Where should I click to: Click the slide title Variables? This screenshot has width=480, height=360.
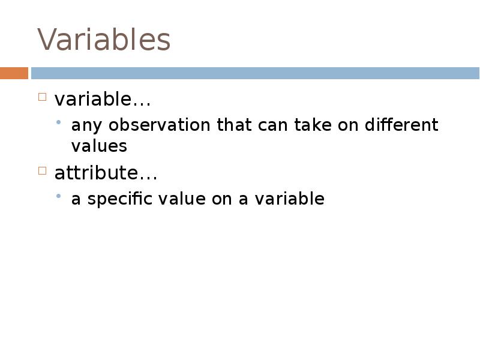104,40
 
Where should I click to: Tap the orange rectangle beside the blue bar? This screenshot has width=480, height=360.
14,73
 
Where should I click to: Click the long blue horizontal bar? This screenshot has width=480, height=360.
255,73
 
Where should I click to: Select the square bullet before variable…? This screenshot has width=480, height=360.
42,97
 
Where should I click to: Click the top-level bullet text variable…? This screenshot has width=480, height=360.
102,99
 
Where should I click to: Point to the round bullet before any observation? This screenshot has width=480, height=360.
59,122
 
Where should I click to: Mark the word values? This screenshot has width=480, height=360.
99,146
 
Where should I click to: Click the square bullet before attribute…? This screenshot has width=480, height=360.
42,171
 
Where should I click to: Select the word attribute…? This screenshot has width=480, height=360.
106,173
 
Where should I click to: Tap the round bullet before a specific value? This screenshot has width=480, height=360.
59,196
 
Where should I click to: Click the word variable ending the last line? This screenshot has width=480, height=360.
289,199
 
